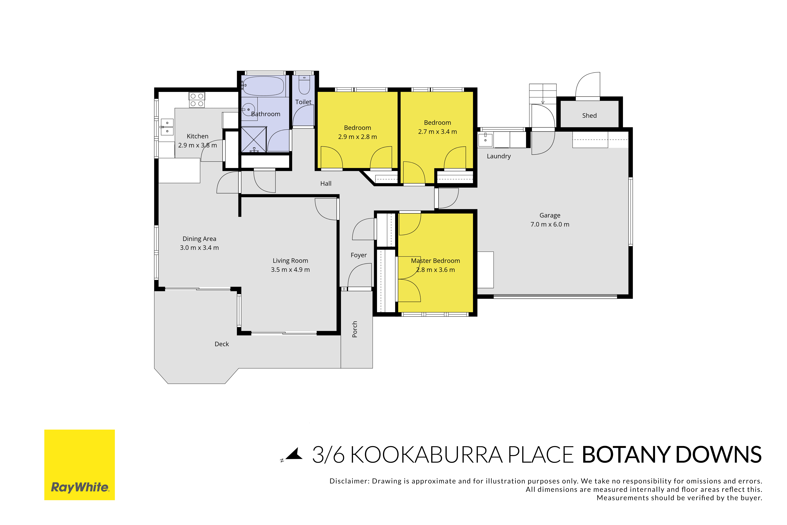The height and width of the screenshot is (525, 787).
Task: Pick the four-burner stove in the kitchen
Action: pyautogui.click(x=197, y=100)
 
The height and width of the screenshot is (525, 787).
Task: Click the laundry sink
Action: pyautogui.click(x=485, y=140)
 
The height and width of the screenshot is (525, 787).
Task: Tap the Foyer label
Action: pyautogui.click(x=359, y=255)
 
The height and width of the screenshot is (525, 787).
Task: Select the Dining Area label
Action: pyautogui.click(x=199, y=239)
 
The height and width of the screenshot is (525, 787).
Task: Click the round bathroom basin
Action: pyautogui.click(x=248, y=109)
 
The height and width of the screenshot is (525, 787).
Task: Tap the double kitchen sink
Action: pyautogui.click(x=167, y=127)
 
